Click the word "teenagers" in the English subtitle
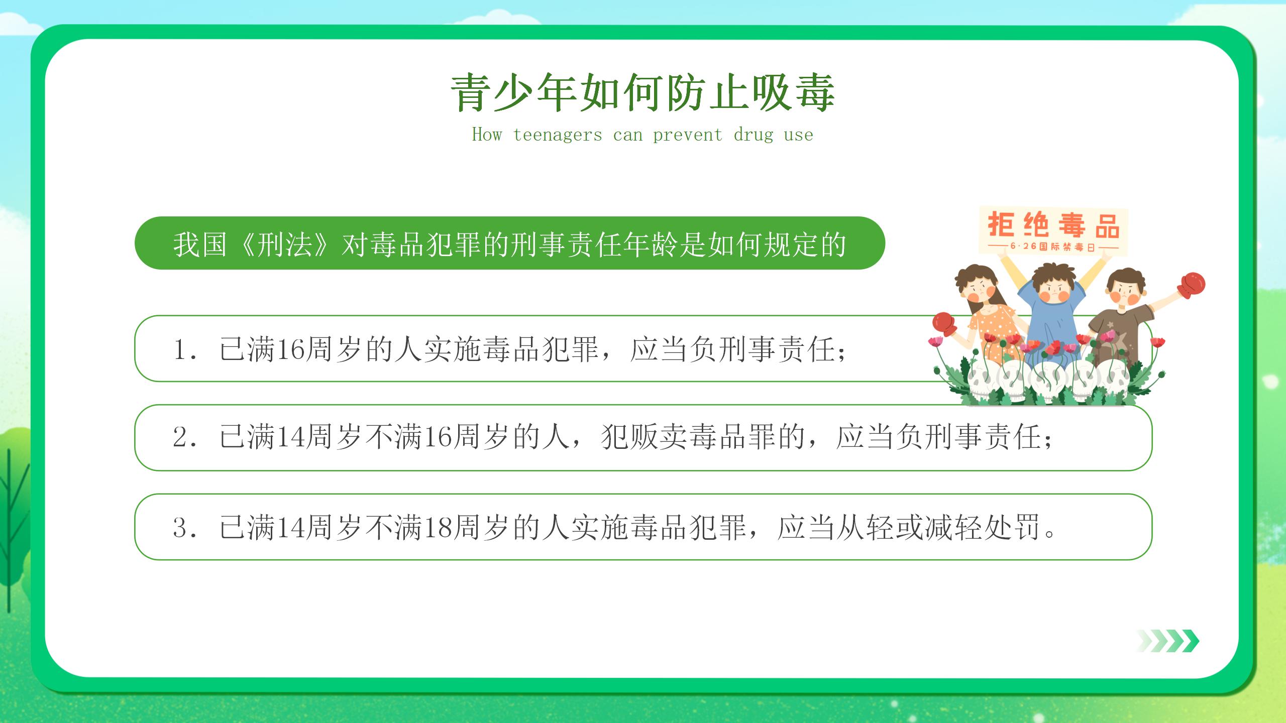[x=558, y=135]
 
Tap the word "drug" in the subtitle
[x=754, y=135]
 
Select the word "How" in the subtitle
[x=487, y=134]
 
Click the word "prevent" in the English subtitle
[x=688, y=135]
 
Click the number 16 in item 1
[x=290, y=349]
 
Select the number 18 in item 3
[x=438, y=527]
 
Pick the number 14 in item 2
[x=290, y=437]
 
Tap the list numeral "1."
[x=184, y=349]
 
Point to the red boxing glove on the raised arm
[x=1191, y=284]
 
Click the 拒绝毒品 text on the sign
[x=1053, y=225]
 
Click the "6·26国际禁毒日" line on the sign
[x=1053, y=247]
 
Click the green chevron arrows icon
[x=1167, y=641]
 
